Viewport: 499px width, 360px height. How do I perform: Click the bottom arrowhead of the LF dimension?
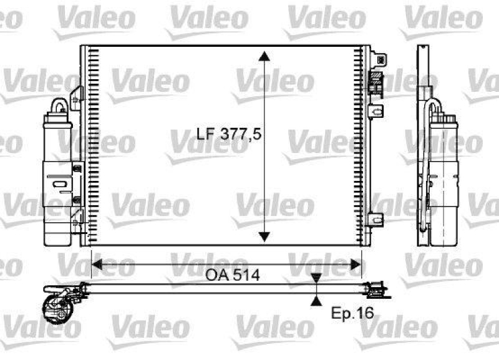click(x=265, y=236)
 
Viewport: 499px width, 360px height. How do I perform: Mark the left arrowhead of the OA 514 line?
click(x=96, y=266)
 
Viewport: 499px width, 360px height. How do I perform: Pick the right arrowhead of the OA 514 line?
click(x=357, y=266)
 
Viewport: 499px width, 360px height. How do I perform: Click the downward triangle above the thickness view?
click(x=317, y=278)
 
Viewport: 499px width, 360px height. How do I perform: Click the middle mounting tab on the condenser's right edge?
click(x=374, y=111)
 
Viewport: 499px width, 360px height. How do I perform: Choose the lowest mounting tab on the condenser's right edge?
click(x=375, y=219)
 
